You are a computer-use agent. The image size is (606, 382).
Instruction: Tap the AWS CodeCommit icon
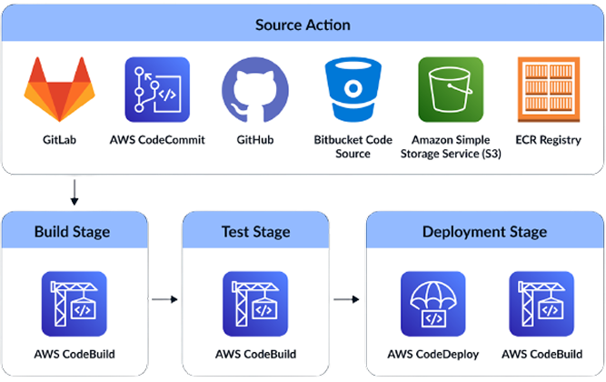[157, 90]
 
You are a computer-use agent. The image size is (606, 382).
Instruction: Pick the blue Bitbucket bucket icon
[353, 90]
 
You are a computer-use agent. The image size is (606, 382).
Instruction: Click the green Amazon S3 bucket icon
[451, 90]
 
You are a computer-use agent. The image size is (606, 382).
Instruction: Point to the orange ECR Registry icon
[547, 90]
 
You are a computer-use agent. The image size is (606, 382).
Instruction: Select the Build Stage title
[72, 231]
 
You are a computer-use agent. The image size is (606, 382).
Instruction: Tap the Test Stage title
[256, 231]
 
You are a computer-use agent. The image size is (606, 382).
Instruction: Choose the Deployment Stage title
[484, 231]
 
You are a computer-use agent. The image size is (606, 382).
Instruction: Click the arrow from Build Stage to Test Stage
[164, 297]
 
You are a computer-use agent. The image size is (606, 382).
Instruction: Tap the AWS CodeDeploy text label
[434, 354]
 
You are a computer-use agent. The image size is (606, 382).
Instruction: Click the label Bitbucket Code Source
[353, 146]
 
